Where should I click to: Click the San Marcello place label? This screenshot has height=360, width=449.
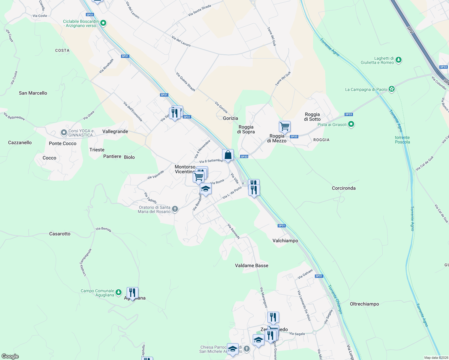(x=33, y=93)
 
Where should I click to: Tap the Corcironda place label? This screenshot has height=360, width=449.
(x=344, y=188)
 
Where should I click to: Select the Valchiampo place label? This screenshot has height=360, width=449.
(x=285, y=241)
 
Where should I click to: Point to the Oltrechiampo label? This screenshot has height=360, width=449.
(x=364, y=304)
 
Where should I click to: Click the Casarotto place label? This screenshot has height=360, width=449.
(x=60, y=234)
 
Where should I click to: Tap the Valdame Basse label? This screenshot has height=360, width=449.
(x=252, y=265)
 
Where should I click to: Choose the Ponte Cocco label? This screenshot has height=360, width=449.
(x=63, y=143)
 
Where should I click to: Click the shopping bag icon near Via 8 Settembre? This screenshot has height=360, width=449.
(x=228, y=155)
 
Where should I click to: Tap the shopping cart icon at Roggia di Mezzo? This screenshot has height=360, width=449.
(x=285, y=127)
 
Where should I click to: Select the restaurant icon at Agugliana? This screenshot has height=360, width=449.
(x=132, y=293)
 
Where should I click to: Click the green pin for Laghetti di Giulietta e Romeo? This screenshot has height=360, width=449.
(x=399, y=60)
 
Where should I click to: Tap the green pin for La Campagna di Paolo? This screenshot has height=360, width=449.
(x=391, y=89)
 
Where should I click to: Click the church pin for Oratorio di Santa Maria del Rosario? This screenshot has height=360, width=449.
(x=175, y=209)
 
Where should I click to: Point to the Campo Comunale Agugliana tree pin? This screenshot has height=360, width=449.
(x=119, y=292)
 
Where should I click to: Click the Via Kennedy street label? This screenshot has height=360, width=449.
(x=234, y=231)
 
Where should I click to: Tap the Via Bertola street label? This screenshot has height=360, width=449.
(x=104, y=229)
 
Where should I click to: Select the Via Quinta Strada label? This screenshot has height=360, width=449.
(x=185, y=82)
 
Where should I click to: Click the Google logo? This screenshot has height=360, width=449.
(x=10, y=356)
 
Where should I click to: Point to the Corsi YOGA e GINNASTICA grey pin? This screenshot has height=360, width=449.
(x=64, y=132)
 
